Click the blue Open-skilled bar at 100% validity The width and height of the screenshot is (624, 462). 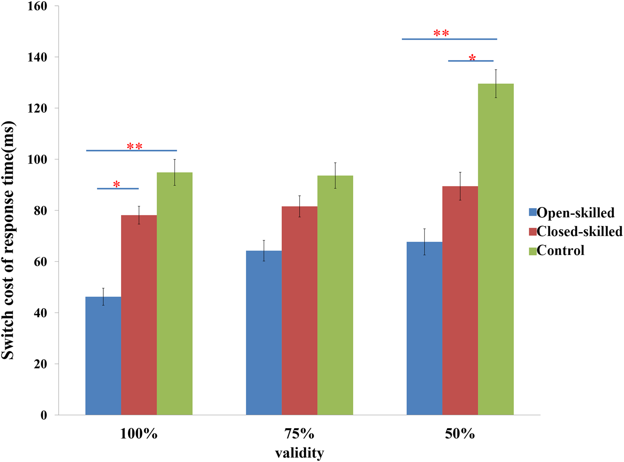(x=103, y=355)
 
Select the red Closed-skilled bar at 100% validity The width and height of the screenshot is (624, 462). (x=139, y=315)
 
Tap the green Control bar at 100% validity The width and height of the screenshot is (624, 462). (x=174, y=294)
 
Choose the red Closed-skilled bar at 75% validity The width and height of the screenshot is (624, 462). (x=299, y=310)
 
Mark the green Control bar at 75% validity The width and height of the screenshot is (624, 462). (x=335, y=295)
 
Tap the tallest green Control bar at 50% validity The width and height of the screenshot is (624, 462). (x=496, y=249)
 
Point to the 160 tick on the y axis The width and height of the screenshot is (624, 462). (x=37, y=6)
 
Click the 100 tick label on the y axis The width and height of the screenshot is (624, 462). (x=37, y=159)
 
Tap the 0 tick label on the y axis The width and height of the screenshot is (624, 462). (x=44, y=415)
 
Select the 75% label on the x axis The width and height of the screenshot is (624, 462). (x=299, y=434)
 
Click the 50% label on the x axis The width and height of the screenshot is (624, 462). (x=460, y=434)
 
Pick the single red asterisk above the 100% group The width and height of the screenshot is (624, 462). (x=117, y=184)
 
